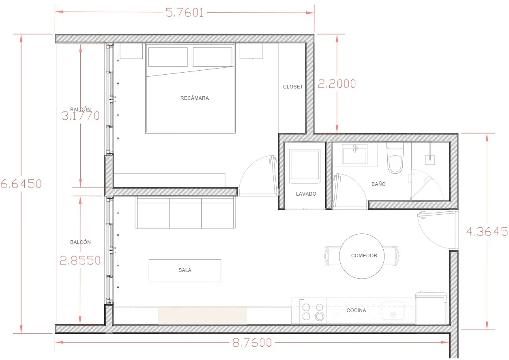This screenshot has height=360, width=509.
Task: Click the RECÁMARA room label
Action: tap(195, 98)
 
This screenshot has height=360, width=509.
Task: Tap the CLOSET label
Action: tap(293, 86)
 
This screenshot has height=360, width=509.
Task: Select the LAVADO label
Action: tap(306, 194)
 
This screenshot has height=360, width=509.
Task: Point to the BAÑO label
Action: tap(378, 184)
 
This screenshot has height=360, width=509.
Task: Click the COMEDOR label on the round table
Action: tap(364, 255)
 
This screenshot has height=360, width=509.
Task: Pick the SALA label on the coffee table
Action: tap(185, 270)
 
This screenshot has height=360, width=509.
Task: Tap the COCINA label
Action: tap(356, 310)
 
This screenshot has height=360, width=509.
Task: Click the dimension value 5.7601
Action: tap(185, 13)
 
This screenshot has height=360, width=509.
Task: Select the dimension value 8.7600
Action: tap(252, 343)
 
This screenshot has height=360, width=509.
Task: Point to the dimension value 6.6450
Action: tap(21, 184)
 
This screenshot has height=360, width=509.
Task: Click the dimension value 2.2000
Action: tap(337, 84)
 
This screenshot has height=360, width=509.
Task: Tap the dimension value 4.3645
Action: tap(487, 232)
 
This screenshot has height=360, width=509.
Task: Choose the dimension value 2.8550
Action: tap(80, 261)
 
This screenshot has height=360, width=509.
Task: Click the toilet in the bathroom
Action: tap(395, 158)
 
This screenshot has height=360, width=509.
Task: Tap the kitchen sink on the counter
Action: tap(393, 310)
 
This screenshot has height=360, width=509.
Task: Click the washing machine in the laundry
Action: tap(305, 166)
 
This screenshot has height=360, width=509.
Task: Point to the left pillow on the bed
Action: tap(168, 57)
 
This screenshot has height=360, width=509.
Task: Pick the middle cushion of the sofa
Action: tap(185, 213)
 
